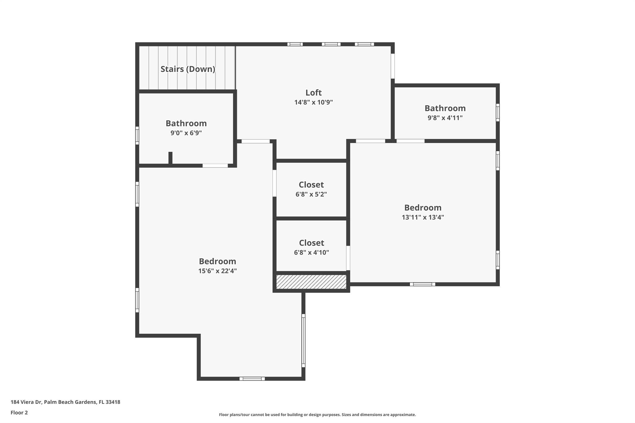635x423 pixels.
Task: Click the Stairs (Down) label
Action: point(188,69)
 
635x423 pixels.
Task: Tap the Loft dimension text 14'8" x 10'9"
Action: point(313,102)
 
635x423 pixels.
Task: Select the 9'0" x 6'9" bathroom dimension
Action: point(186,133)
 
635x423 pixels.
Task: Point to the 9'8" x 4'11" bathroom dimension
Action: point(445,118)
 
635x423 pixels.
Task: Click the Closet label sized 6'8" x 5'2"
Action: point(311,185)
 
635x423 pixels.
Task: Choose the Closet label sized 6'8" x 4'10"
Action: point(311,243)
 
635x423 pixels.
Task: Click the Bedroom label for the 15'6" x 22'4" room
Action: point(217,261)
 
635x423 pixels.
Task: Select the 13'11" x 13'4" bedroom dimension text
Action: point(423,217)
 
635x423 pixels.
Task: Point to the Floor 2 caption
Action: point(19,412)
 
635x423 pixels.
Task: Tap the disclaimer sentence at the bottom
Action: point(317,415)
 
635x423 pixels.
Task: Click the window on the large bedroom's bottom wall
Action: point(252,378)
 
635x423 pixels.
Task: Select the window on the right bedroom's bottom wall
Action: point(422,284)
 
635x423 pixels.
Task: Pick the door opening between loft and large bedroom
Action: point(255,141)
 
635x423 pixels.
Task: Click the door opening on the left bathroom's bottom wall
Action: point(215,166)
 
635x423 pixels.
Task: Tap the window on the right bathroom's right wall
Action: point(497,112)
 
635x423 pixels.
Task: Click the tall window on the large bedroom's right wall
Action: point(303,340)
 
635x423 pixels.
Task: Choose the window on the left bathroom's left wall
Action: point(137,135)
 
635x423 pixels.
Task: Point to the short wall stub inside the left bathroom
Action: point(170,158)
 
